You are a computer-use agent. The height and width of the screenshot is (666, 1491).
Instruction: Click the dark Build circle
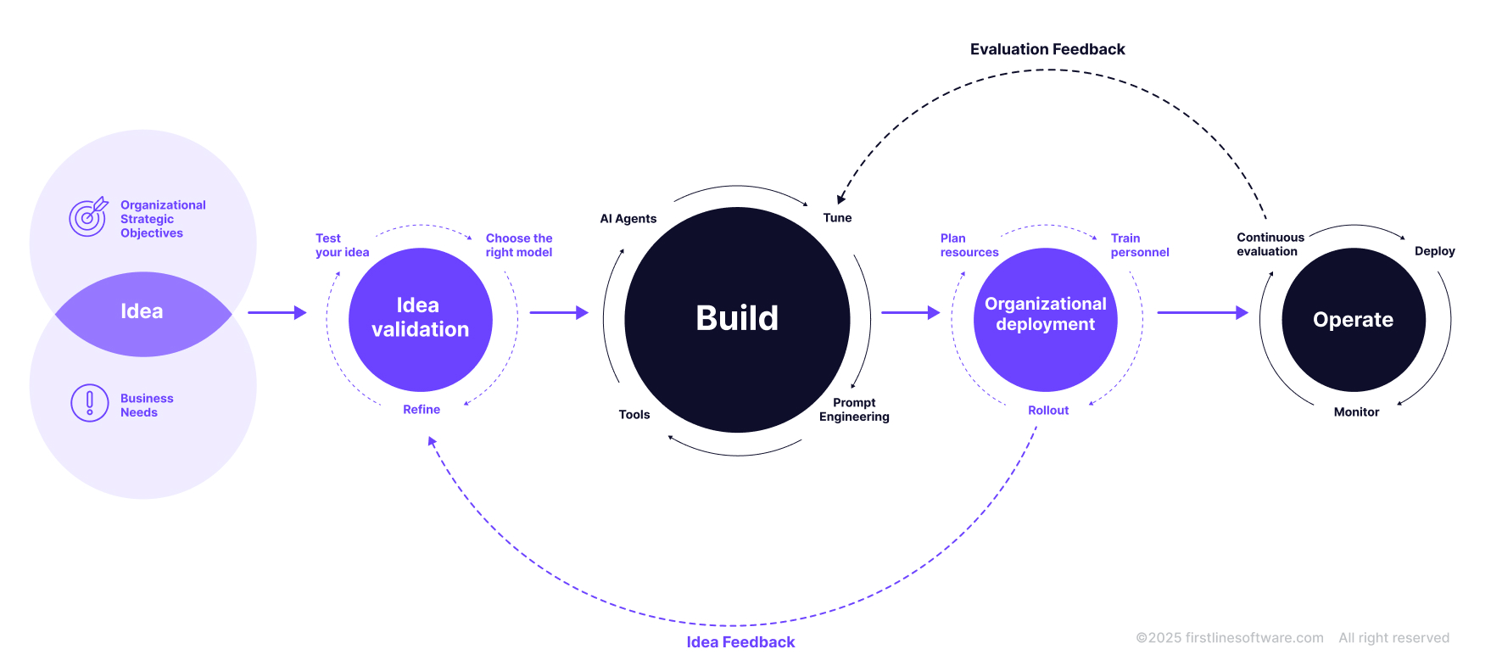(x=737, y=319)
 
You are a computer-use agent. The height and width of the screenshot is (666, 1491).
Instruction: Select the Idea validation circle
(x=420, y=319)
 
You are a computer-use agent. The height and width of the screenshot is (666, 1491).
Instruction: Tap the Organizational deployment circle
(x=1045, y=319)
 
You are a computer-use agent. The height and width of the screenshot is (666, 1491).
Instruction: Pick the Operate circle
(x=1353, y=320)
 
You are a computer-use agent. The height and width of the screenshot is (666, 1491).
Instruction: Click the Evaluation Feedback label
(x=1047, y=49)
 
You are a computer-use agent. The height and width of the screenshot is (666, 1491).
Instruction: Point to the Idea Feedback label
(x=740, y=642)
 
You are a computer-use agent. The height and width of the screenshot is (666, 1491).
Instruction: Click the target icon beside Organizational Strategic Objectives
(x=88, y=217)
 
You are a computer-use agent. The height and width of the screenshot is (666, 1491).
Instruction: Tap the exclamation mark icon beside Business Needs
(x=90, y=403)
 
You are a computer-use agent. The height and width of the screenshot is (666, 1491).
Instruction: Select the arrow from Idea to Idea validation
(x=276, y=312)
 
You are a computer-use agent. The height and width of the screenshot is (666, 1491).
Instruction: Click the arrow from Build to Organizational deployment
(x=910, y=312)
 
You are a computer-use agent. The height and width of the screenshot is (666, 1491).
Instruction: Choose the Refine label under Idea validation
(x=422, y=410)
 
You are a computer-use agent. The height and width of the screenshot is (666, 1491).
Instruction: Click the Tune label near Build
(x=837, y=218)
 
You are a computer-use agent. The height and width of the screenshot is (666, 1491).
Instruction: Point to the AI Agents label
(x=628, y=219)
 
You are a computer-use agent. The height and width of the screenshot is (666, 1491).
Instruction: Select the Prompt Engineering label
(x=854, y=410)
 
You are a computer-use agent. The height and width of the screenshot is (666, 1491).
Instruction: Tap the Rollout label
(x=1048, y=411)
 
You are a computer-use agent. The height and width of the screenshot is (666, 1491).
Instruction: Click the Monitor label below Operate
(x=1356, y=412)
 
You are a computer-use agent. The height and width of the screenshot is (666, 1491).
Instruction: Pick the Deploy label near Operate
(x=1434, y=251)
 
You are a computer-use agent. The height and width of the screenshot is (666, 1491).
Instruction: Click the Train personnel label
(x=1139, y=245)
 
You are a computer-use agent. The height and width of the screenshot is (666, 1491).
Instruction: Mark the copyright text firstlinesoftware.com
(x=1230, y=638)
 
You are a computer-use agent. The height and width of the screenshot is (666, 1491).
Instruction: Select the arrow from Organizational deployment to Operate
(x=1203, y=312)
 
